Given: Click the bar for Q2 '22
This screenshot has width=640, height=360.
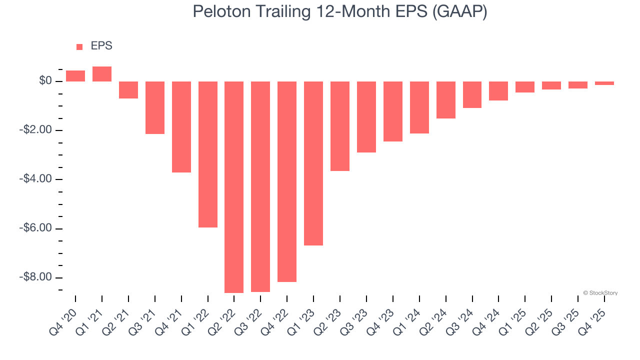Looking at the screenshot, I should tap(234, 187).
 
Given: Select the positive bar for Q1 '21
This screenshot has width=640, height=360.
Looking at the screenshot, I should tap(102, 74).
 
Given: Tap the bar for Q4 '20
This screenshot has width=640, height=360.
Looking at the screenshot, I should tap(75, 76).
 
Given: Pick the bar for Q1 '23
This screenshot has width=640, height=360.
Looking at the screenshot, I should tap(313, 163).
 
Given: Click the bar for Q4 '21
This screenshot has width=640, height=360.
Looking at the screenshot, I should tap(181, 127).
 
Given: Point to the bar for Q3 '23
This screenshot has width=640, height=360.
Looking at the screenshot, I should tap(366, 117).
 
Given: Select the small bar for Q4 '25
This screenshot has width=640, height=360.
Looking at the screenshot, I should tap(604, 83).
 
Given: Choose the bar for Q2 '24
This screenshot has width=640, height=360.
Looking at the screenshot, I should tap(446, 100).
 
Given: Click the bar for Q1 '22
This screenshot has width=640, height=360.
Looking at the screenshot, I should tap(208, 154).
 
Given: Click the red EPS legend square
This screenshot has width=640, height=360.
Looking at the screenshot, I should tap(79, 47).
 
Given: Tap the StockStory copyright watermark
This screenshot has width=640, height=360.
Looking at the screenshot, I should tap(600, 293).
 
